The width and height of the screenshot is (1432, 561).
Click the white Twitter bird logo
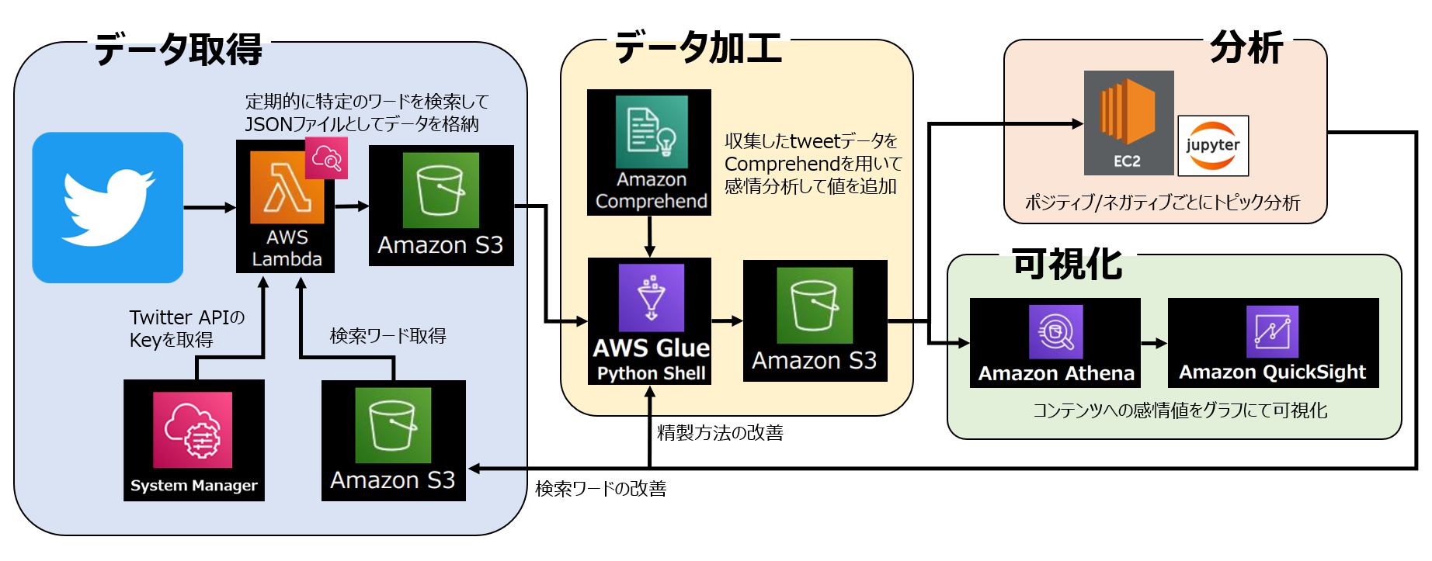point(108,208)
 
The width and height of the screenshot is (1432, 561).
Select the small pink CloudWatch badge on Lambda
point(326,158)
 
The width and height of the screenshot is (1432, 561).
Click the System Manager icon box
point(193,440)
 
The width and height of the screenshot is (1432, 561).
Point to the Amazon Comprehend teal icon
point(651,131)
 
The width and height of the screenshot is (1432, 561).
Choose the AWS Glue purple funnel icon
point(651,298)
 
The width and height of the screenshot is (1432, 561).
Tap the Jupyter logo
point(1212,146)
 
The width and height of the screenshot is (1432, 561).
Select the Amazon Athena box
point(1055,343)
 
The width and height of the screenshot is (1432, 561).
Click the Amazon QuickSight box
point(1272,343)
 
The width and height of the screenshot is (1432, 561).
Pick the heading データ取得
point(179,50)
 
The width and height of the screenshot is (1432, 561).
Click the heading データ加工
point(697,47)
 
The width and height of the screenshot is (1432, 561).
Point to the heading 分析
point(1246,47)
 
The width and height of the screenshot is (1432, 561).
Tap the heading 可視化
point(1067,265)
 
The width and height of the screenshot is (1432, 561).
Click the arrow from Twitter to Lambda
point(210,207)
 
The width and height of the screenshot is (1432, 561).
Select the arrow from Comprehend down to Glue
point(650,237)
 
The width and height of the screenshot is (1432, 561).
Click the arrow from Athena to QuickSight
point(1154,343)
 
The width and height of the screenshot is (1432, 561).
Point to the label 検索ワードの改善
point(600,489)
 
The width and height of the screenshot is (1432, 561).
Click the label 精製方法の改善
point(720,433)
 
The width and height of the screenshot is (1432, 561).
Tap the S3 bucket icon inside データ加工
point(815,306)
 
